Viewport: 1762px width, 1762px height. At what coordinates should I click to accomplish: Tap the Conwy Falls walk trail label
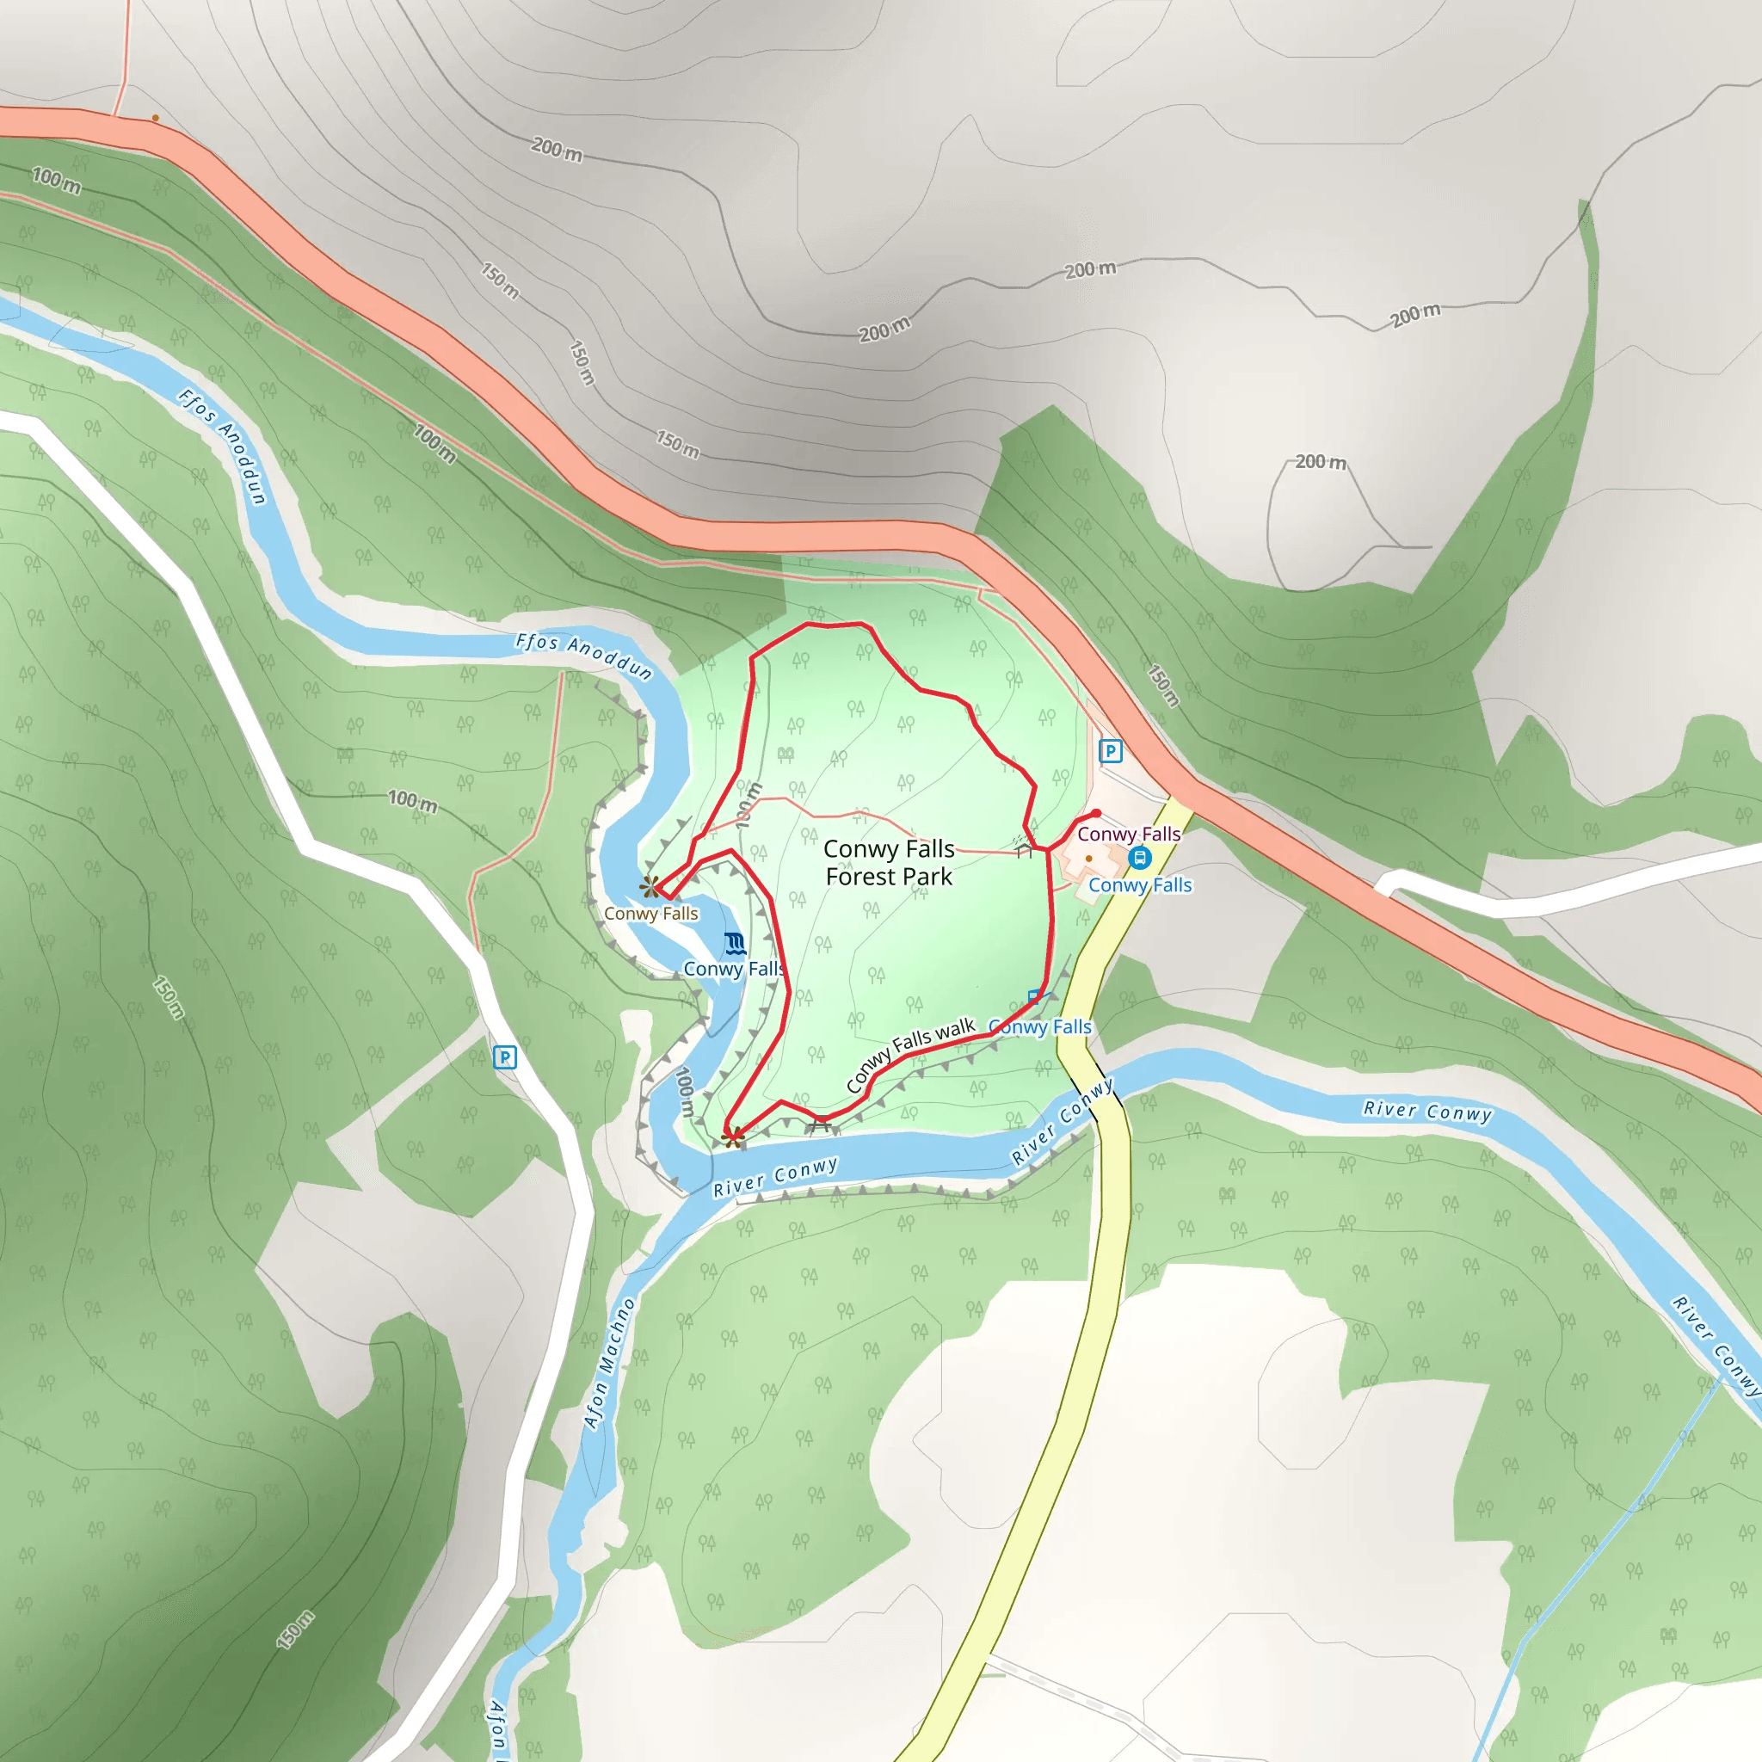tap(910, 1054)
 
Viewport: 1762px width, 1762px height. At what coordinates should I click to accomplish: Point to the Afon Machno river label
tap(609, 1363)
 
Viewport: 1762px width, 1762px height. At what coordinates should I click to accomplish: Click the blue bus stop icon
tap(1139, 857)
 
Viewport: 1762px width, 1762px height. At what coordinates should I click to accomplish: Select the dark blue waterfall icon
tap(735, 943)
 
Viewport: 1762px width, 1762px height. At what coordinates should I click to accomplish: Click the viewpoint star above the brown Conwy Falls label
tap(650, 885)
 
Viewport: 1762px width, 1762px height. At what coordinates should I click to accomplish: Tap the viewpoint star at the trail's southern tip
tap(733, 1137)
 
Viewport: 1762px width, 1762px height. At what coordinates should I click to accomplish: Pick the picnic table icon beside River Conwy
tap(821, 1124)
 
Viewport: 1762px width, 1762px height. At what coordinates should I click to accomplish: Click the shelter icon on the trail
tap(1024, 850)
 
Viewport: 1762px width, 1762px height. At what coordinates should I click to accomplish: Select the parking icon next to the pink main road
tap(1110, 751)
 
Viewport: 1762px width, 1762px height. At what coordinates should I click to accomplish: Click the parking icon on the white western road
tap(504, 1057)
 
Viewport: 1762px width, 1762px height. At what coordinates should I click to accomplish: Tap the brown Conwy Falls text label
tap(650, 913)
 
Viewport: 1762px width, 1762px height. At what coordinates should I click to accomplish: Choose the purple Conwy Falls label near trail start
tap(1128, 834)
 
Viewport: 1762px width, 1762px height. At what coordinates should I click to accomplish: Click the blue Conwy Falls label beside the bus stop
tap(1139, 884)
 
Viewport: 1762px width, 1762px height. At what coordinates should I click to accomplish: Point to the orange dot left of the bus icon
tap(1089, 858)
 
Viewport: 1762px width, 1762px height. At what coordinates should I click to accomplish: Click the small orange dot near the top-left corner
tap(156, 118)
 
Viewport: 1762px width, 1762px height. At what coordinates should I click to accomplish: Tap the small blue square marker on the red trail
tap(1034, 996)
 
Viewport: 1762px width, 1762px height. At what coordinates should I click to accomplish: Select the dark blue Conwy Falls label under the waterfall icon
tap(733, 969)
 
